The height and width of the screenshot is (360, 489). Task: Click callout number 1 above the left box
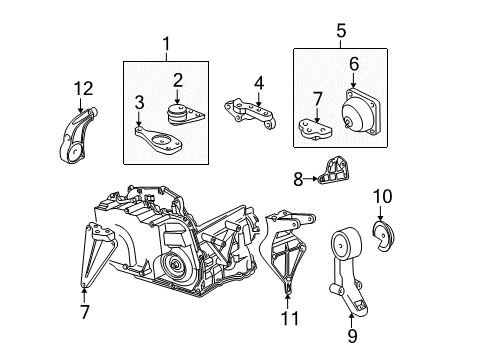[x=167, y=45]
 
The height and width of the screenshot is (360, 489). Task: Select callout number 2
[x=178, y=80]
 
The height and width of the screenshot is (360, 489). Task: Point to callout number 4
[x=258, y=82]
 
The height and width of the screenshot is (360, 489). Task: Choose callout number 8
[x=297, y=181]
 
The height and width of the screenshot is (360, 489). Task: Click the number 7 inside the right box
[x=318, y=99]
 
